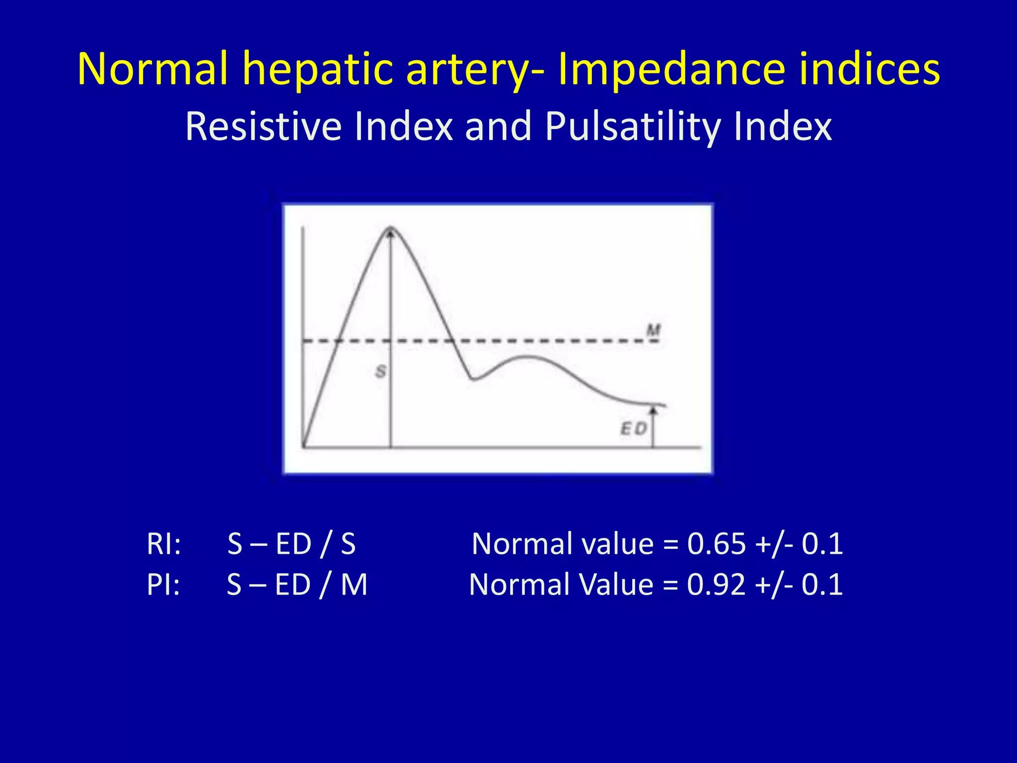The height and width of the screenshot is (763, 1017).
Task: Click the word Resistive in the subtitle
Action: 263,127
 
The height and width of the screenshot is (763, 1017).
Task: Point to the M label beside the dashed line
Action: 654,330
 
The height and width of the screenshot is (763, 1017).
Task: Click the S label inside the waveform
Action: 381,371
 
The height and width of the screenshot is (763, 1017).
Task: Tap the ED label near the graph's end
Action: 634,428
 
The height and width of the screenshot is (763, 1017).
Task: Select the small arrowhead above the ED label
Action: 654,410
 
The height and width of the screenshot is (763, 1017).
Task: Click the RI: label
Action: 163,544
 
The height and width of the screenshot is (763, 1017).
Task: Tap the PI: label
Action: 163,585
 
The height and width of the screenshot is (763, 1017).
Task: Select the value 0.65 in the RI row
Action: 716,544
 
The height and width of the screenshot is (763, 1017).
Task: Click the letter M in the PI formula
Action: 354,585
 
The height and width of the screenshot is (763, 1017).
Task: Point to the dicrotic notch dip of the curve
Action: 473,380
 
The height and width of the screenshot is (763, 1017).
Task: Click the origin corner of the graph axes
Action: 303,447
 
